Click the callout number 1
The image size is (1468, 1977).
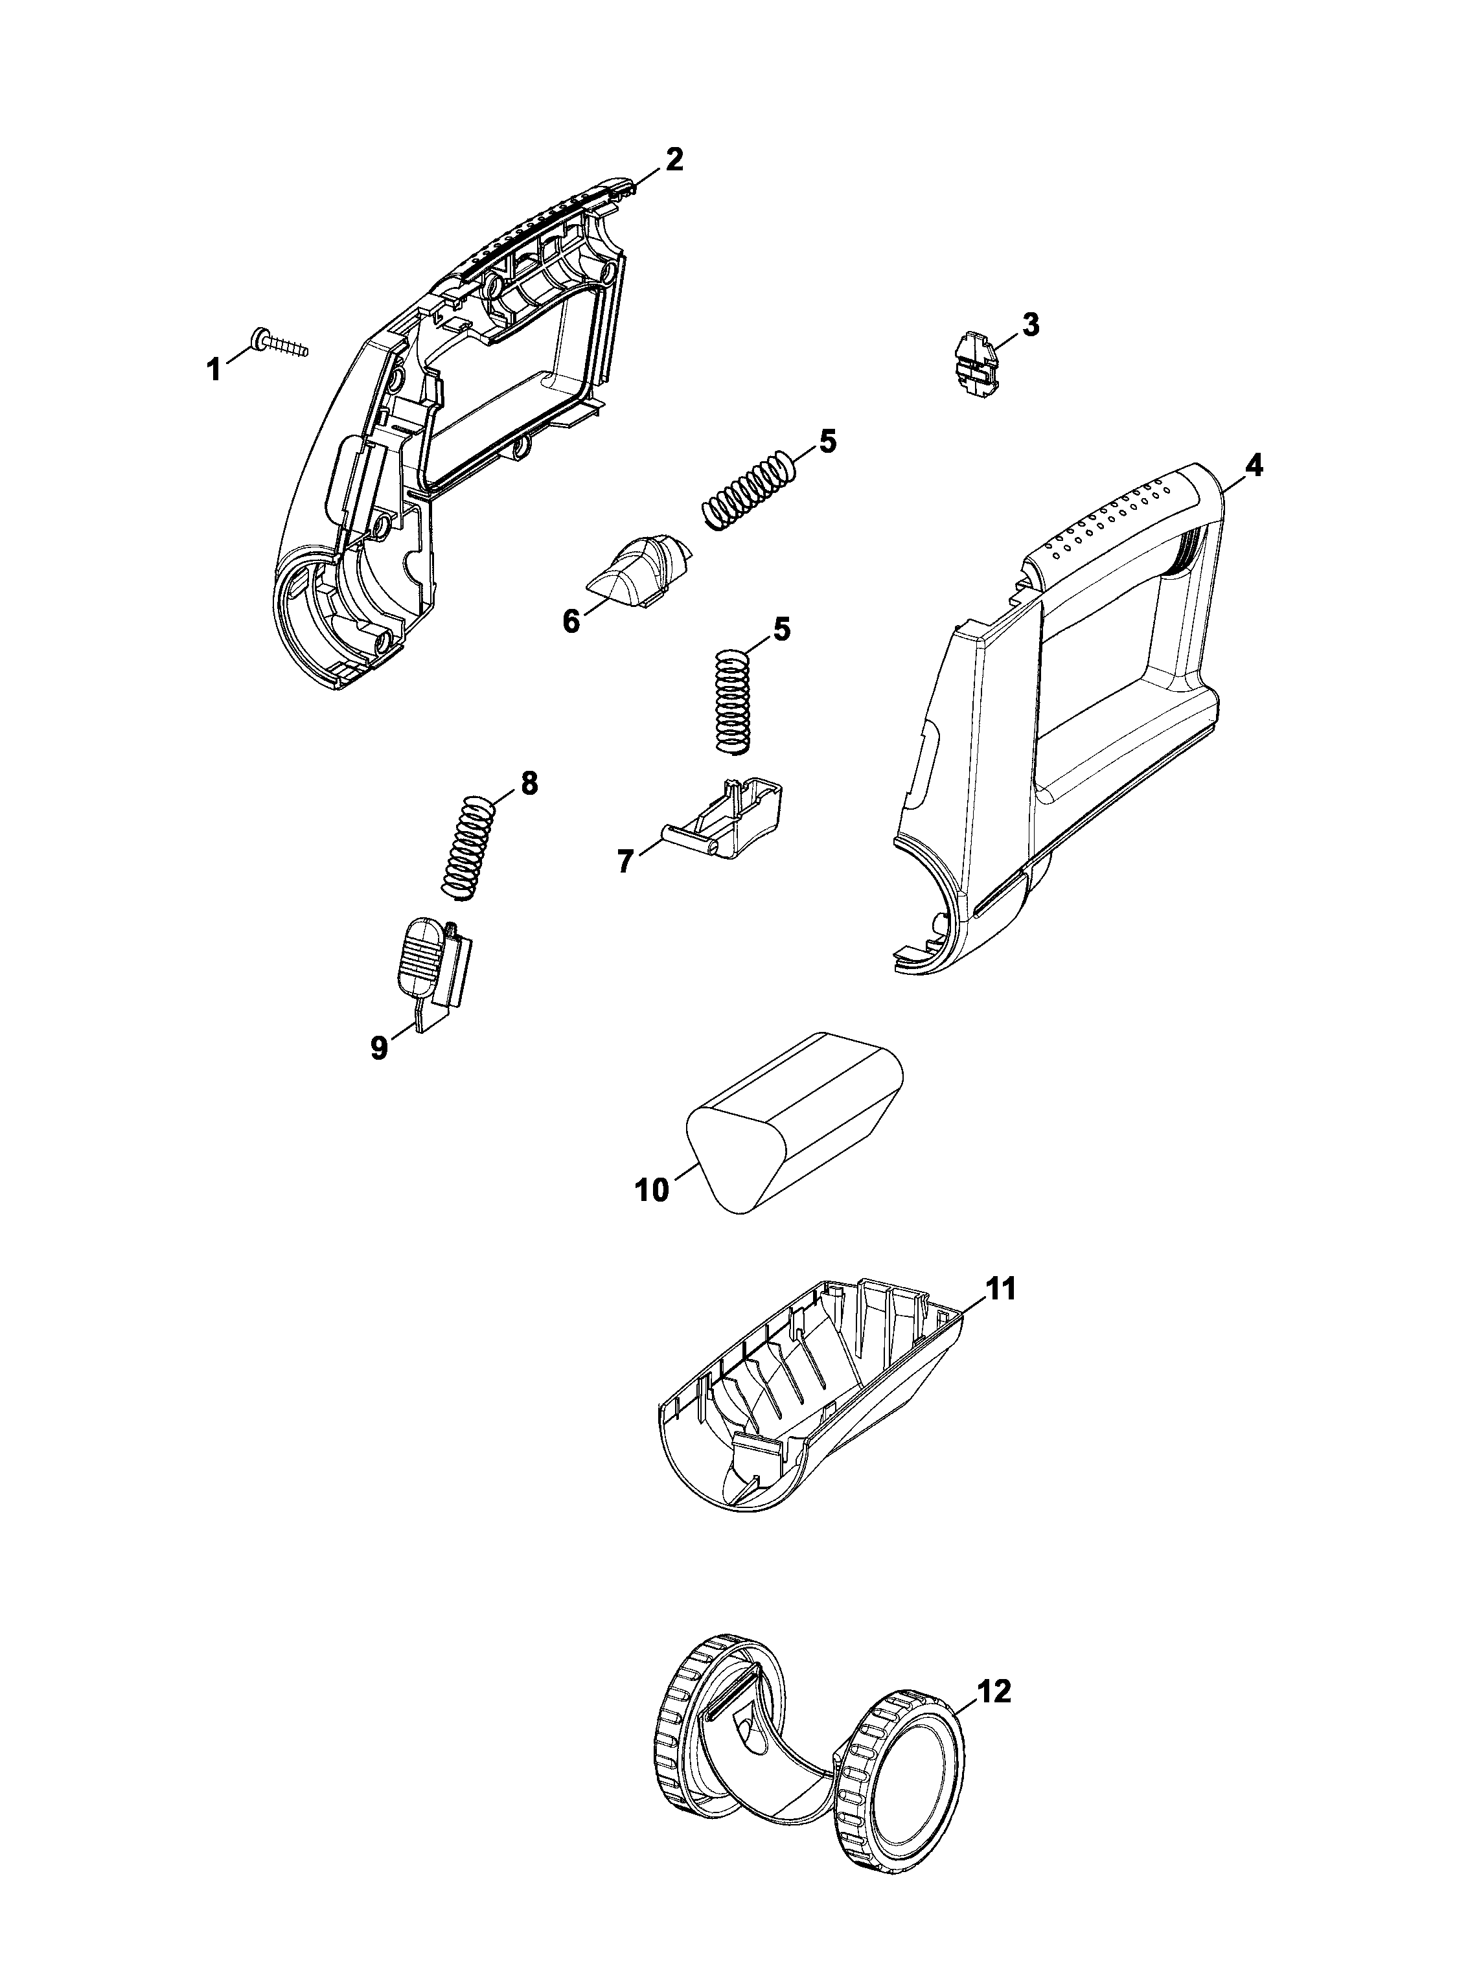(x=213, y=368)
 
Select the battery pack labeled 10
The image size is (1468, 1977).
(x=796, y=1121)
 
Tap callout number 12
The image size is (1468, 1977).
(x=994, y=1692)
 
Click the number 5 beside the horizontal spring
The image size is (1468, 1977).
(x=827, y=442)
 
